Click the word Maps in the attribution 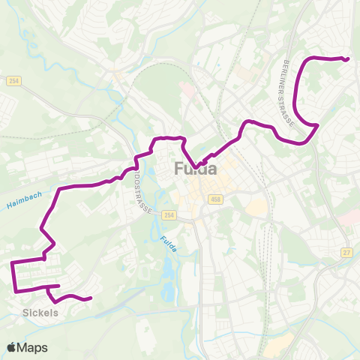pos(33,347)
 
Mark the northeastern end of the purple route pos(349,58)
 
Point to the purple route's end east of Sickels pos(90,298)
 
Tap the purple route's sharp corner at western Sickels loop pos(12,263)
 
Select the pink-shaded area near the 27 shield pos(349,217)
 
